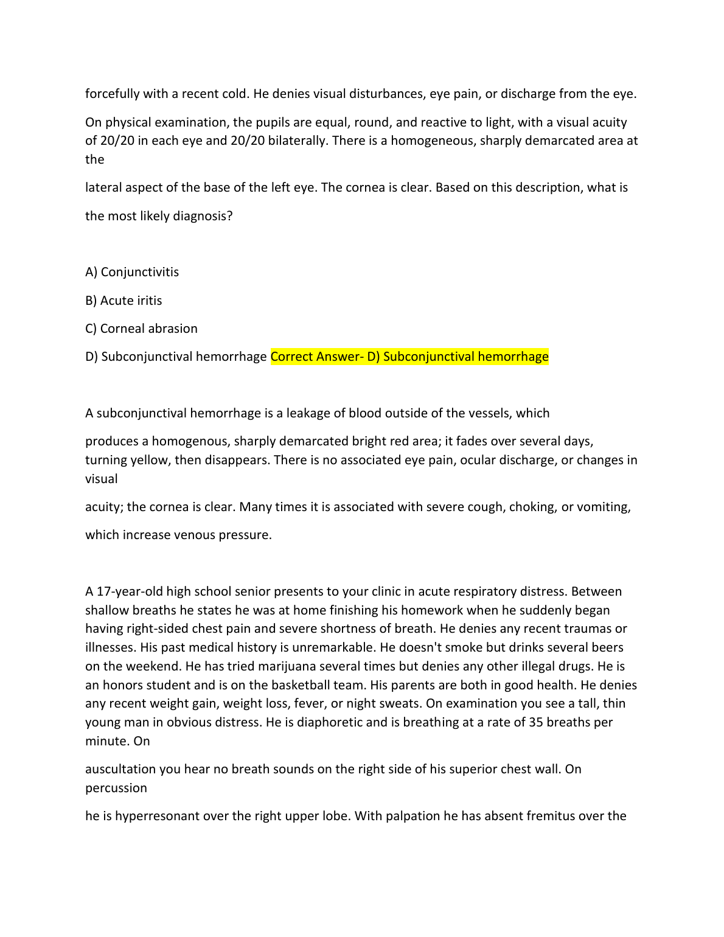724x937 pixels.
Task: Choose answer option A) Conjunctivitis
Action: point(132,272)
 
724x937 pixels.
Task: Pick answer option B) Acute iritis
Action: point(124,301)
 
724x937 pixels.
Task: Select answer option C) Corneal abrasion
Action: point(141,329)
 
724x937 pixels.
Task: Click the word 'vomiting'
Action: point(599,507)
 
